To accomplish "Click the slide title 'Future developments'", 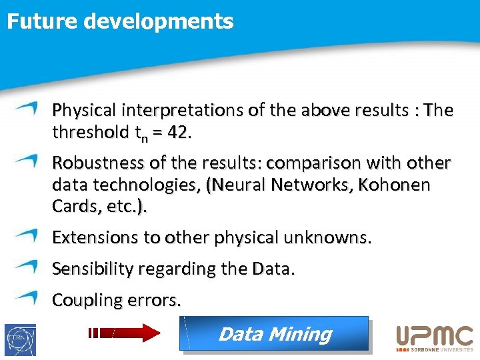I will click(120, 21).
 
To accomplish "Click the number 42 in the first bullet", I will click(178, 133).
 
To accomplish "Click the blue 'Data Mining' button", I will click(274, 333).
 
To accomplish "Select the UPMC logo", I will click(434, 337).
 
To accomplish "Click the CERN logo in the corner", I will click(20, 339).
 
